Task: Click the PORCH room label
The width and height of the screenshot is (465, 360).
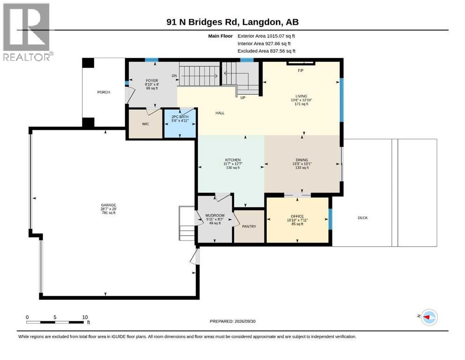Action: pos(103,92)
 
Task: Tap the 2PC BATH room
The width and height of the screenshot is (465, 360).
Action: pos(180,123)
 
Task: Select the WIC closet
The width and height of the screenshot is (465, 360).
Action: pos(145,124)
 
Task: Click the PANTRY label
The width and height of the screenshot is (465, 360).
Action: pos(249,226)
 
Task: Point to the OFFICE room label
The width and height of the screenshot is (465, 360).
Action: pos(297,217)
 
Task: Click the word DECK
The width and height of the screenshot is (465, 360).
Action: pos(363,218)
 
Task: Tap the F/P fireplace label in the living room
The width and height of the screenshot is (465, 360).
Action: pos(301,71)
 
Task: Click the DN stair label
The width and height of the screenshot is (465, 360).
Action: pos(174,75)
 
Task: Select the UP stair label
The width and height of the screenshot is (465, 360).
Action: pos(243,97)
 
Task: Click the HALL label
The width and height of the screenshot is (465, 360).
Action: pos(220,113)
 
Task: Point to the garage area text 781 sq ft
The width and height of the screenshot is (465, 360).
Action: pos(109,213)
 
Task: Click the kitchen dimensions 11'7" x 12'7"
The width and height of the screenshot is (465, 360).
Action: pos(233,164)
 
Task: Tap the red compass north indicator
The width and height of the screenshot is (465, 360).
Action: pos(427,317)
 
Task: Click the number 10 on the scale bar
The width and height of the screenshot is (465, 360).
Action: pos(85,317)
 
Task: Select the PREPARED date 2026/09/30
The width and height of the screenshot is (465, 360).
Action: pos(245,322)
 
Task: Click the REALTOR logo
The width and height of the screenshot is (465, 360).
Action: pos(27,32)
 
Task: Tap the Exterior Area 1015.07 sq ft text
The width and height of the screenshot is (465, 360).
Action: pos(266,36)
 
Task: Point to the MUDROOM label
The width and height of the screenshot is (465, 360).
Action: pos(215,216)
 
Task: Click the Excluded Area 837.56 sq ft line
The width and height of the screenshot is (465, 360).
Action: pos(266,51)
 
